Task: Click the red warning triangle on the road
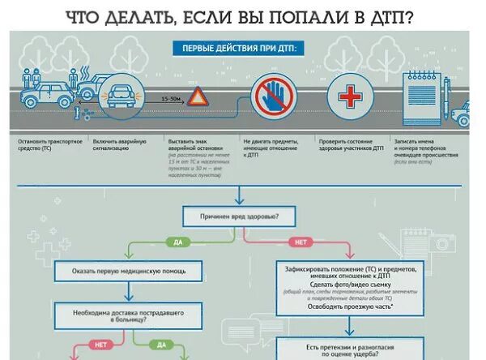click(x=199, y=98)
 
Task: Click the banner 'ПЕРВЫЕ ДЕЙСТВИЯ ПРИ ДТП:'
click(x=238, y=48)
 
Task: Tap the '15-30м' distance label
click(x=171, y=98)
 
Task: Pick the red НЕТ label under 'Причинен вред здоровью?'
click(x=300, y=242)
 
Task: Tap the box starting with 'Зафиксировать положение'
click(x=350, y=287)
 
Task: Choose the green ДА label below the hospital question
click(x=161, y=344)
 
